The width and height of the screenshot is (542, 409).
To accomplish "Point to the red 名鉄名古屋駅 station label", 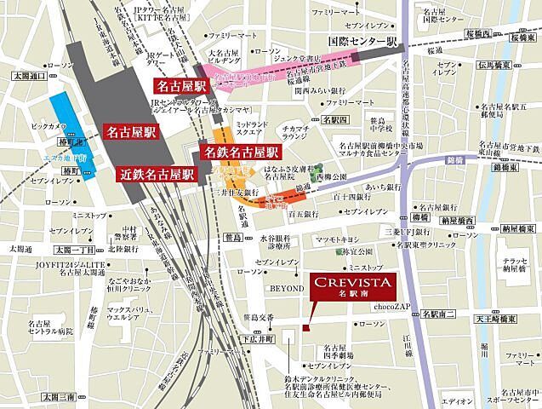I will [x=241, y=153].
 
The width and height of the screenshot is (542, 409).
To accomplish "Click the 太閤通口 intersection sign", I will [x=30, y=76].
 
